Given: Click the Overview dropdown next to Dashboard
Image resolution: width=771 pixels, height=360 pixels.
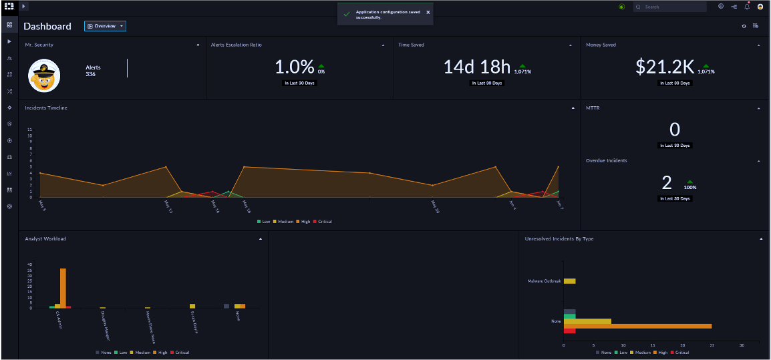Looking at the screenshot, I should pos(105,26).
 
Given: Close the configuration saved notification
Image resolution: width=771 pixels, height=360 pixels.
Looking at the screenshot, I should pos(428,12).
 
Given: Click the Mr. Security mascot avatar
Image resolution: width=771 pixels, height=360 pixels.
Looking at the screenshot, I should pos(44,74).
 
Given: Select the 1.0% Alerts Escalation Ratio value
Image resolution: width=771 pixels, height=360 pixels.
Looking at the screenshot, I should pos(294,67).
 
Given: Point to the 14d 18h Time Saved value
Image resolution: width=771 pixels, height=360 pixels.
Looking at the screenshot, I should pos(476,67).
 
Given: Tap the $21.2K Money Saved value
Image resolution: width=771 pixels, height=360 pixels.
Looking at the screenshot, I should pos(665,67).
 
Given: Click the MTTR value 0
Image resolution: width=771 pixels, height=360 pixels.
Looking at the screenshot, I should pos(674,130).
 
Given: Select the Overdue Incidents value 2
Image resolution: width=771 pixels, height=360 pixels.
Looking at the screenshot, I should pos(666,182).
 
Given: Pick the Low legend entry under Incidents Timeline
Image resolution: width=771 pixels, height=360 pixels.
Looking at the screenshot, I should pos(263,221).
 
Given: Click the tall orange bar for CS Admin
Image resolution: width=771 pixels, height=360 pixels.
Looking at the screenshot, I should pos(63,288).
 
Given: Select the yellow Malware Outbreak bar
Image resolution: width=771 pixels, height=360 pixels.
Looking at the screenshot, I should pos(569,281).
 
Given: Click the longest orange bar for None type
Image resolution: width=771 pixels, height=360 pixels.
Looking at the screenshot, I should pos(637,326).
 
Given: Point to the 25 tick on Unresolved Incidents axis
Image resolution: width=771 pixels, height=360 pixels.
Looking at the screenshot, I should pos(712,345).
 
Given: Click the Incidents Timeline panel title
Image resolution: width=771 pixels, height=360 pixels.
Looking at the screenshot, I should pos(46,108).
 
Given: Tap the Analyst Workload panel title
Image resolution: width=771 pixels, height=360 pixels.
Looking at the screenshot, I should pos(45,238).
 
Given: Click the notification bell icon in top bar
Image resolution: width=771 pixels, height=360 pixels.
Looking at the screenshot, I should pos(747,7).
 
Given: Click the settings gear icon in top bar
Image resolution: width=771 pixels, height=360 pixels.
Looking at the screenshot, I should pos(721,7).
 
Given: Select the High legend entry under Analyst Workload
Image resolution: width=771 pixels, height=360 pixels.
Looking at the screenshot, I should pos(162,352).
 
